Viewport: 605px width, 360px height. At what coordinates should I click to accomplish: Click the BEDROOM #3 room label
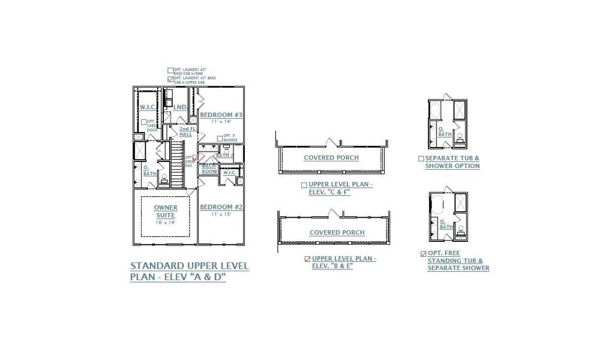pyautogui.click(x=221, y=115)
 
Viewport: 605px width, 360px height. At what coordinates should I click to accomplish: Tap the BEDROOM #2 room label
pyautogui.click(x=221, y=207)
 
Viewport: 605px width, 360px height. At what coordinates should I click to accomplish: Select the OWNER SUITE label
pyautogui.click(x=166, y=211)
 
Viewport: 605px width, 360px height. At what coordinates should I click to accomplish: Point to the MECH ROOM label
pyautogui.click(x=209, y=169)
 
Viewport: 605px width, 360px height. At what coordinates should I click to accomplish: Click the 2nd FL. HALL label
pyautogui.click(x=186, y=131)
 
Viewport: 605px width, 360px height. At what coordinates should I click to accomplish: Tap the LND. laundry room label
pyautogui.click(x=179, y=107)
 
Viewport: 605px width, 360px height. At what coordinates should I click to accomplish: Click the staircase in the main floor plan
pyautogui.click(x=176, y=162)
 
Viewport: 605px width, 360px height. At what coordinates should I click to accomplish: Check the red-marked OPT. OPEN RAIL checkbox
pyautogui.click(x=195, y=157)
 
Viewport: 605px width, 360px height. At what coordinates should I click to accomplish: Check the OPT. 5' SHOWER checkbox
pyautogui.click(x=219, y=136)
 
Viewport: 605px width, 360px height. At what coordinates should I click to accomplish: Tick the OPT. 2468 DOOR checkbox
pyautogui.click(x=144, y=122)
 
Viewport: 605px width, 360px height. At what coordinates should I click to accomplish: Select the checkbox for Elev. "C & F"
pyautogui.click(x=304, y=185)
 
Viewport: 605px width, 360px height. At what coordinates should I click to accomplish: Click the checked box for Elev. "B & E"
pyautogui.click(x=307, y=259)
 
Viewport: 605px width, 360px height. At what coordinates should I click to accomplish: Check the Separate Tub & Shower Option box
pyautogui.click(x=421, y=159)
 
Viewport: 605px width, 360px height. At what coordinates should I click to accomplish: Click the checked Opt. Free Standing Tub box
pyautogui.click(x=424, y=254)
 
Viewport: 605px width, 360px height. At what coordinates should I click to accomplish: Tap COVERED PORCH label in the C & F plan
pyautogui.click(x=331, y=158)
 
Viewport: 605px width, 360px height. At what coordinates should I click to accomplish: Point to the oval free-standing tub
pyautogui.click(x=436, y=205)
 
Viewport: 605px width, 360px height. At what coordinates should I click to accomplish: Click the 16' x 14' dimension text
pyautogui.click(x=166, y=223)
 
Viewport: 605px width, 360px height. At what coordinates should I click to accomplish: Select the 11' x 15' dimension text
pyautogui.click(x=221, y=214)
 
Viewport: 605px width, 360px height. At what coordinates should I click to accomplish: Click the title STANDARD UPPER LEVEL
pyautogui.click(x=189, y=266)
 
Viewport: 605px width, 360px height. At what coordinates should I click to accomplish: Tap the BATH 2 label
pyautogui.click(x=224, y=155)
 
